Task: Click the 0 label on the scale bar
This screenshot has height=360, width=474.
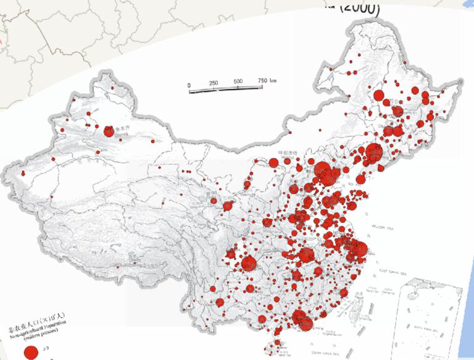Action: (x=189, y=84)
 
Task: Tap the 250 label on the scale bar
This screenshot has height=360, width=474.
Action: (x=214, y=83)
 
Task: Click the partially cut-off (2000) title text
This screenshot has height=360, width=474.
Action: (x=358, y=7)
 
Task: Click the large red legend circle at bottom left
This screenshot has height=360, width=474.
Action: (x=30, y=352)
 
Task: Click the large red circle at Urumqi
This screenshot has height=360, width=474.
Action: (x=109, y=131)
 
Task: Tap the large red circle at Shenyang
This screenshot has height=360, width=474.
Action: (x=373, y=152)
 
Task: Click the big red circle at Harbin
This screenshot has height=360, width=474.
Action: (x=397, y=112)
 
